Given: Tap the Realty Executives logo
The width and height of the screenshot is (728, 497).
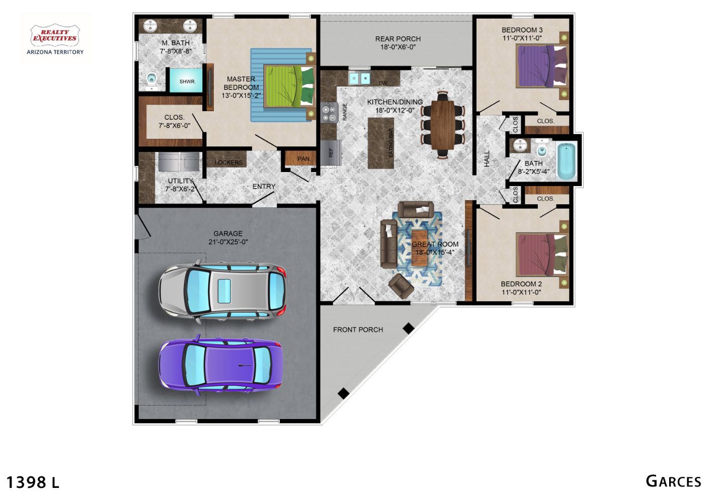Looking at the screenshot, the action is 55,38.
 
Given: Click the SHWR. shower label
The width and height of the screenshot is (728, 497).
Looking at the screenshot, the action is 188,81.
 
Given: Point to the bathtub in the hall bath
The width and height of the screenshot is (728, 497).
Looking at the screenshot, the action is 567,161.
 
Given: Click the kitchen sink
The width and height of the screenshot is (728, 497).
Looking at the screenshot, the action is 359,78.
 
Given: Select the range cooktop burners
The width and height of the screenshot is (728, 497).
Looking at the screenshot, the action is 329,113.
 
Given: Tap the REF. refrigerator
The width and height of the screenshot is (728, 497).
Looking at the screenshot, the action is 331,152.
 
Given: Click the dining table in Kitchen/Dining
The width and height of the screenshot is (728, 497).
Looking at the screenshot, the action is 442,125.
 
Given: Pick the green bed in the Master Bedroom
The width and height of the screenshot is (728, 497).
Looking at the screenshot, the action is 289,86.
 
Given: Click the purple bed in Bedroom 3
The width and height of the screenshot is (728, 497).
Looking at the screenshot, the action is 542,66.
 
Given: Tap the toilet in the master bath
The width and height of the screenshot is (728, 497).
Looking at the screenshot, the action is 151,80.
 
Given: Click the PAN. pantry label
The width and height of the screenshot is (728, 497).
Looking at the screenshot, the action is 304,159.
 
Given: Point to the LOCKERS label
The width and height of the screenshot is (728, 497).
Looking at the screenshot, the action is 228,162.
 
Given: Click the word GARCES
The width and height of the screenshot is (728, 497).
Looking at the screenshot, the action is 673,481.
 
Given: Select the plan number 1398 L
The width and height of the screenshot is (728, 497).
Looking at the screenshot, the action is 33,482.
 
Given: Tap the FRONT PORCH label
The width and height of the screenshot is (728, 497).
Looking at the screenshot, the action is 358,329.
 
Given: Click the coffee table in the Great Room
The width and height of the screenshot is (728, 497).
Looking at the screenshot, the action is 419,248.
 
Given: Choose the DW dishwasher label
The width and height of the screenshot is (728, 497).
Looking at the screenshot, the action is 383,83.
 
